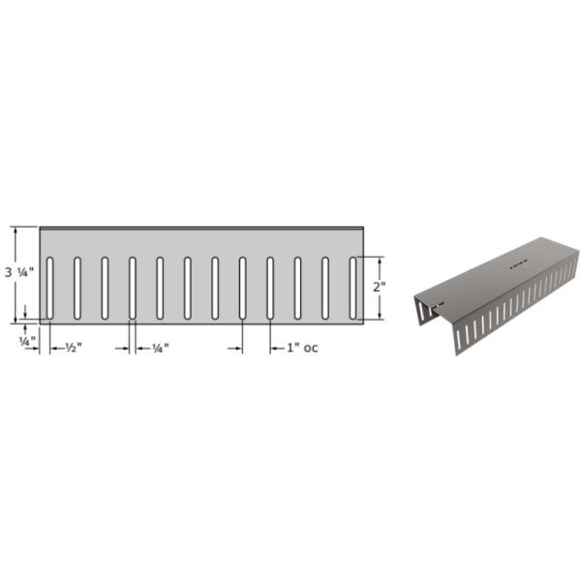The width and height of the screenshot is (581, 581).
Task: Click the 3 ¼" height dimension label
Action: (19, 273)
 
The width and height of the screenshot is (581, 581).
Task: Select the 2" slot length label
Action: (379, 287)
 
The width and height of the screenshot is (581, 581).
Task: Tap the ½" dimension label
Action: (74, 348)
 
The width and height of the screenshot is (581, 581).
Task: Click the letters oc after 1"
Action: (311, 348)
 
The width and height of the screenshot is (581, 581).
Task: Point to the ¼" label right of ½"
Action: (161, 348)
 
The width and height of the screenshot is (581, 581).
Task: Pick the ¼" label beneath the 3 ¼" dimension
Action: (28, 341)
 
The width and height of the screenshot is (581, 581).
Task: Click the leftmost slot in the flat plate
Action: (49, 288)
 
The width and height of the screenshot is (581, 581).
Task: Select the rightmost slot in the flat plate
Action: (353, 288)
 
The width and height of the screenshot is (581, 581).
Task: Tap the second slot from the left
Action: (77, 288)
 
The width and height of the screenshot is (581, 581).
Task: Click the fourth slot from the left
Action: (133, 288)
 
